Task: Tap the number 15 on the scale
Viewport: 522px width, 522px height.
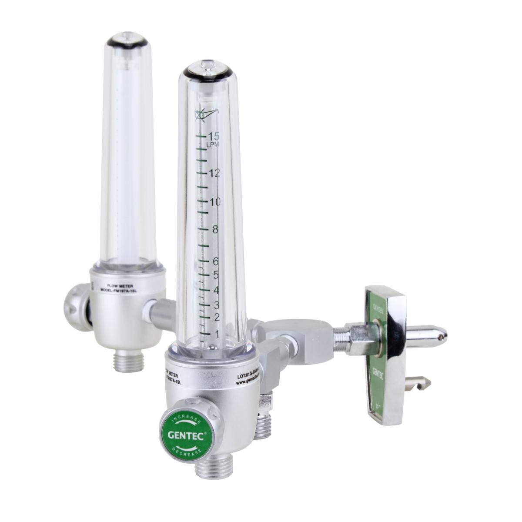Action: pyautogui.click(x=213, y=135)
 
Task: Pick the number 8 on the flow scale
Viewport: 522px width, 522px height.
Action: pyautogui.click(x=215, y=230)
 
